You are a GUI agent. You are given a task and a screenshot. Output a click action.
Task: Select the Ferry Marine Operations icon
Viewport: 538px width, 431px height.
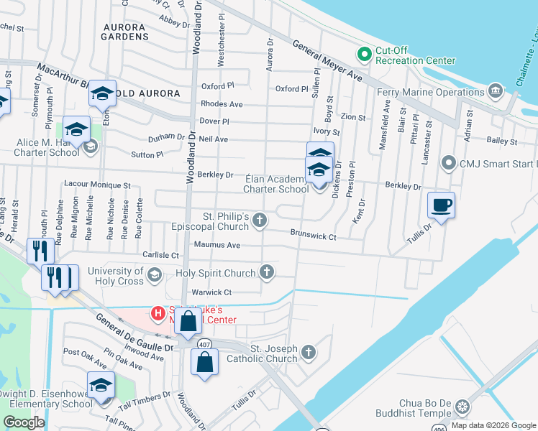496,91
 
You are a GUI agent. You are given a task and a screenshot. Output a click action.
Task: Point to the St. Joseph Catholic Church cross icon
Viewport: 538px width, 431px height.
308,352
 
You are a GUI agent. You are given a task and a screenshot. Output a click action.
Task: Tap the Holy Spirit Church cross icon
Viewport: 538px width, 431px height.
267,272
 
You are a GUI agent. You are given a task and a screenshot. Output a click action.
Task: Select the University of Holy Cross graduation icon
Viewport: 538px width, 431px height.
154,274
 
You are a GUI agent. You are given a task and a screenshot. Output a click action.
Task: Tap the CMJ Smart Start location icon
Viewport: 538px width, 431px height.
450,163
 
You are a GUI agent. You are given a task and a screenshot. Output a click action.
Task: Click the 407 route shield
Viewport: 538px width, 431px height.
204,343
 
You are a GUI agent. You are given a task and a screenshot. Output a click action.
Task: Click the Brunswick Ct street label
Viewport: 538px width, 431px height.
314,234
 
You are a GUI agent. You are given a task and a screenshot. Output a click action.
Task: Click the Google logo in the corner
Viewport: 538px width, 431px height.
24,422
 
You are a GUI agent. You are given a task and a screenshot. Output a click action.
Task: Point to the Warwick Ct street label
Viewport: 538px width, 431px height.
211,292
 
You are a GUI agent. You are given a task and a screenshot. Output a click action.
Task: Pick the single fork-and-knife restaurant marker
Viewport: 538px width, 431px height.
38,252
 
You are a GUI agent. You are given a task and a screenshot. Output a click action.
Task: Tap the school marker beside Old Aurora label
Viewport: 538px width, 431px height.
102,94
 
